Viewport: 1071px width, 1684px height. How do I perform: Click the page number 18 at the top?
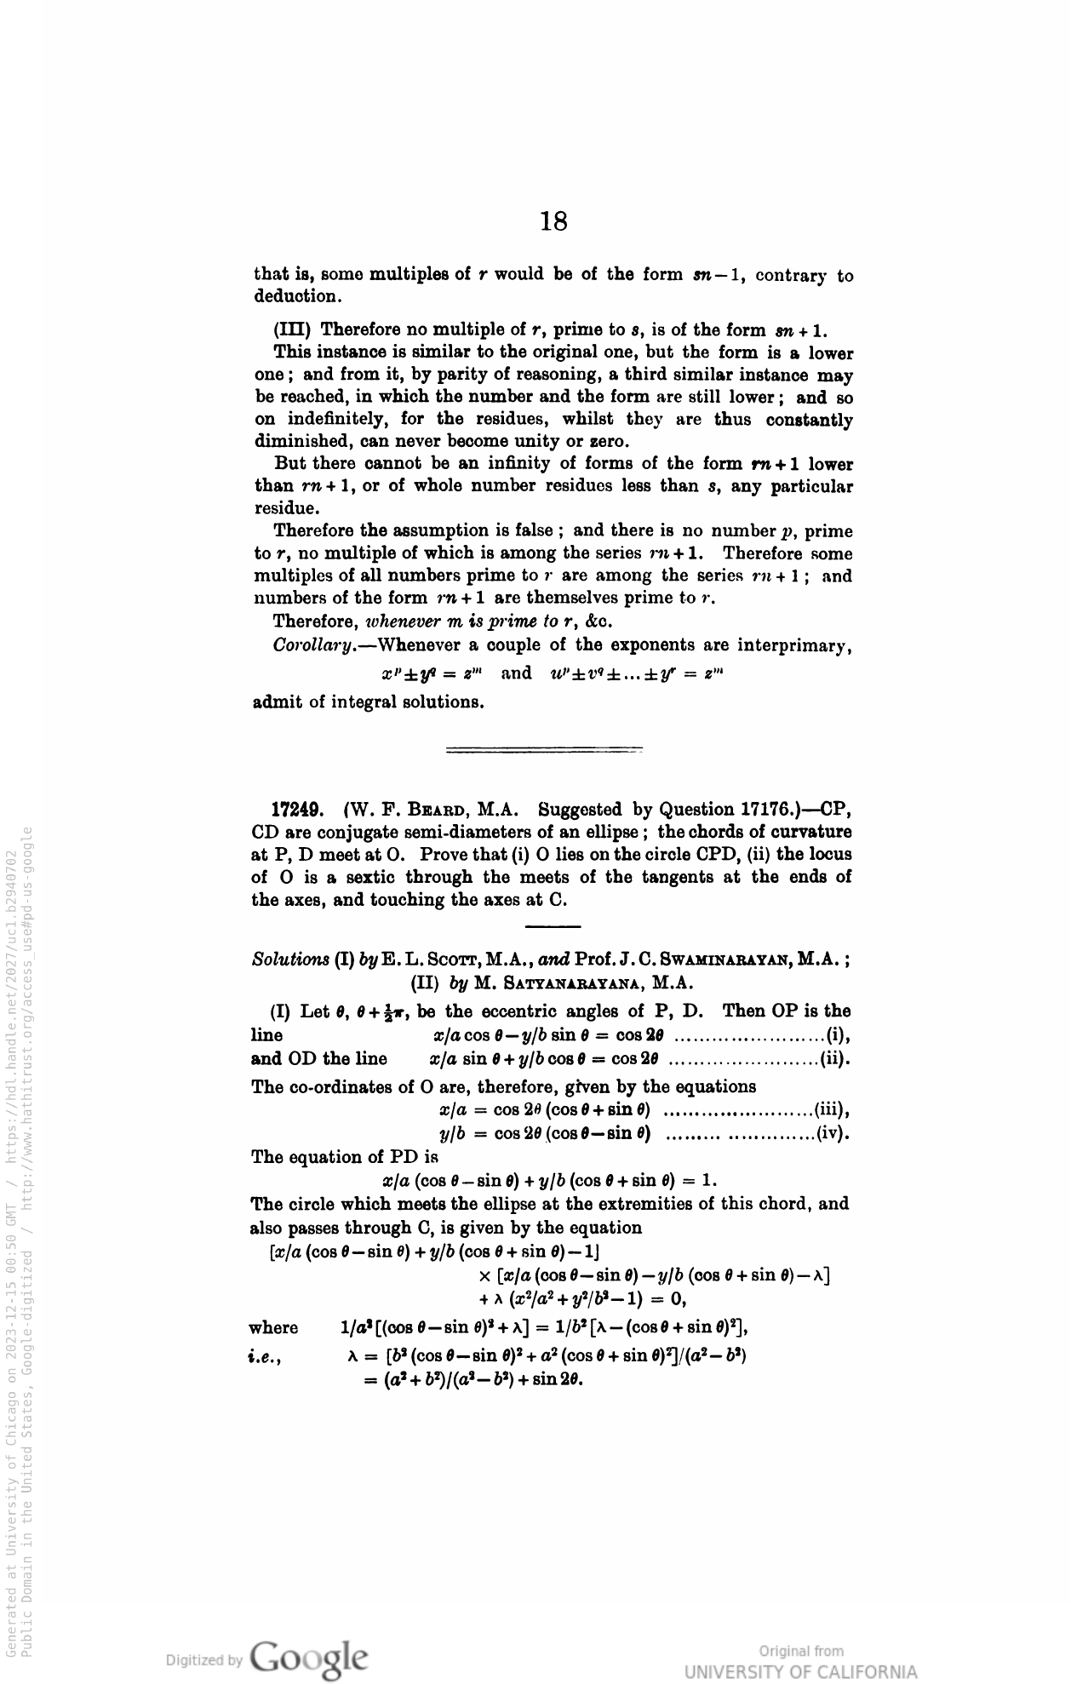click(553, 221)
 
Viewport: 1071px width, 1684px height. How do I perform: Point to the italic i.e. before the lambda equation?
click(266, 1354)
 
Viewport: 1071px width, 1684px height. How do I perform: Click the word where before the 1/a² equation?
click(273, 1327)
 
